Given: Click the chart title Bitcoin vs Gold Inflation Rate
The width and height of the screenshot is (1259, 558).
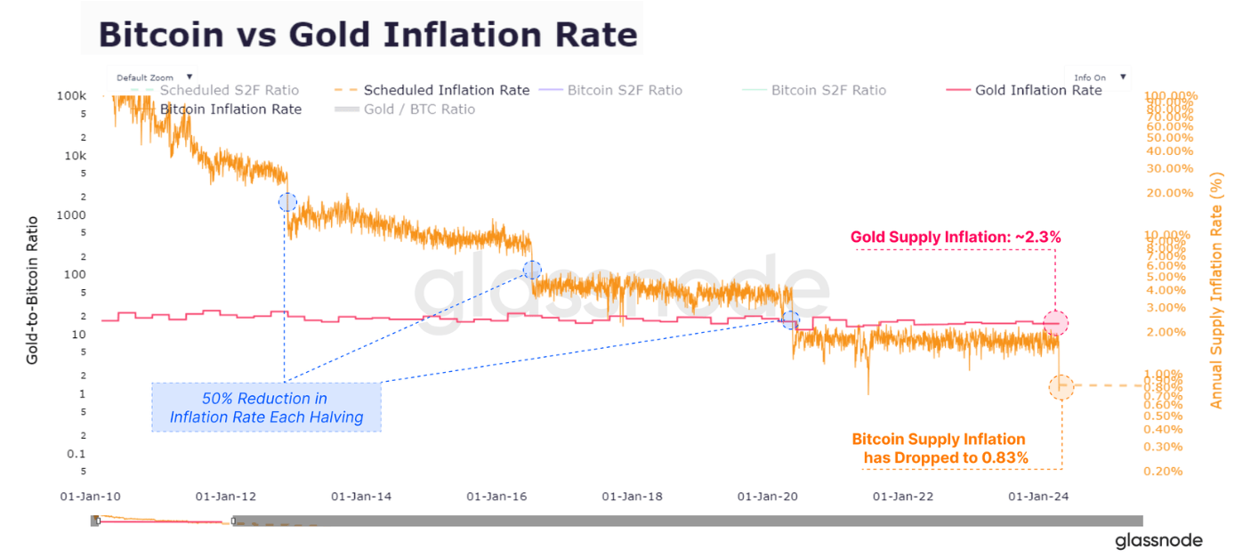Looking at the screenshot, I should pyautogui.click(x=367, y=34).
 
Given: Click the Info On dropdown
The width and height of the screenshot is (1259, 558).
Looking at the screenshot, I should pyautogui.click(x=1098, y=77).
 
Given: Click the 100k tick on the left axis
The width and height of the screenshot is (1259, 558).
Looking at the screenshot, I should pyautogui.click(x=70, y=95).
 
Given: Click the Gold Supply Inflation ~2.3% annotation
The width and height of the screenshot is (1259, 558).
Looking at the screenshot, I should pyautogui.click(x=956, y=238).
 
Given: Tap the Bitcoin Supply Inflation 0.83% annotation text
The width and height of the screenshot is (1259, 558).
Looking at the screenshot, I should pyautogui.click(x=940, y=449).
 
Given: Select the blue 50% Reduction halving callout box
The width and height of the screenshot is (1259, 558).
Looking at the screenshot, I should pyautogui.click(x=266, y=408).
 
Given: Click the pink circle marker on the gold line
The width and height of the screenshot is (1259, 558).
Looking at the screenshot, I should pyautogui.click(x=1055, y=323).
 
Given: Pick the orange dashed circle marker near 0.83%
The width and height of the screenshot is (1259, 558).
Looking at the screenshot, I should pyautogui.click(x=1061, y=386).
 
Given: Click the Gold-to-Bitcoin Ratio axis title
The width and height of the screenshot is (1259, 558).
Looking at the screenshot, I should pyautogui.click(x=32, y=289).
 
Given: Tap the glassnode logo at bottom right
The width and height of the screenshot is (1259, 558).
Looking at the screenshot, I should pyautogui.click(x=1158, y=540).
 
